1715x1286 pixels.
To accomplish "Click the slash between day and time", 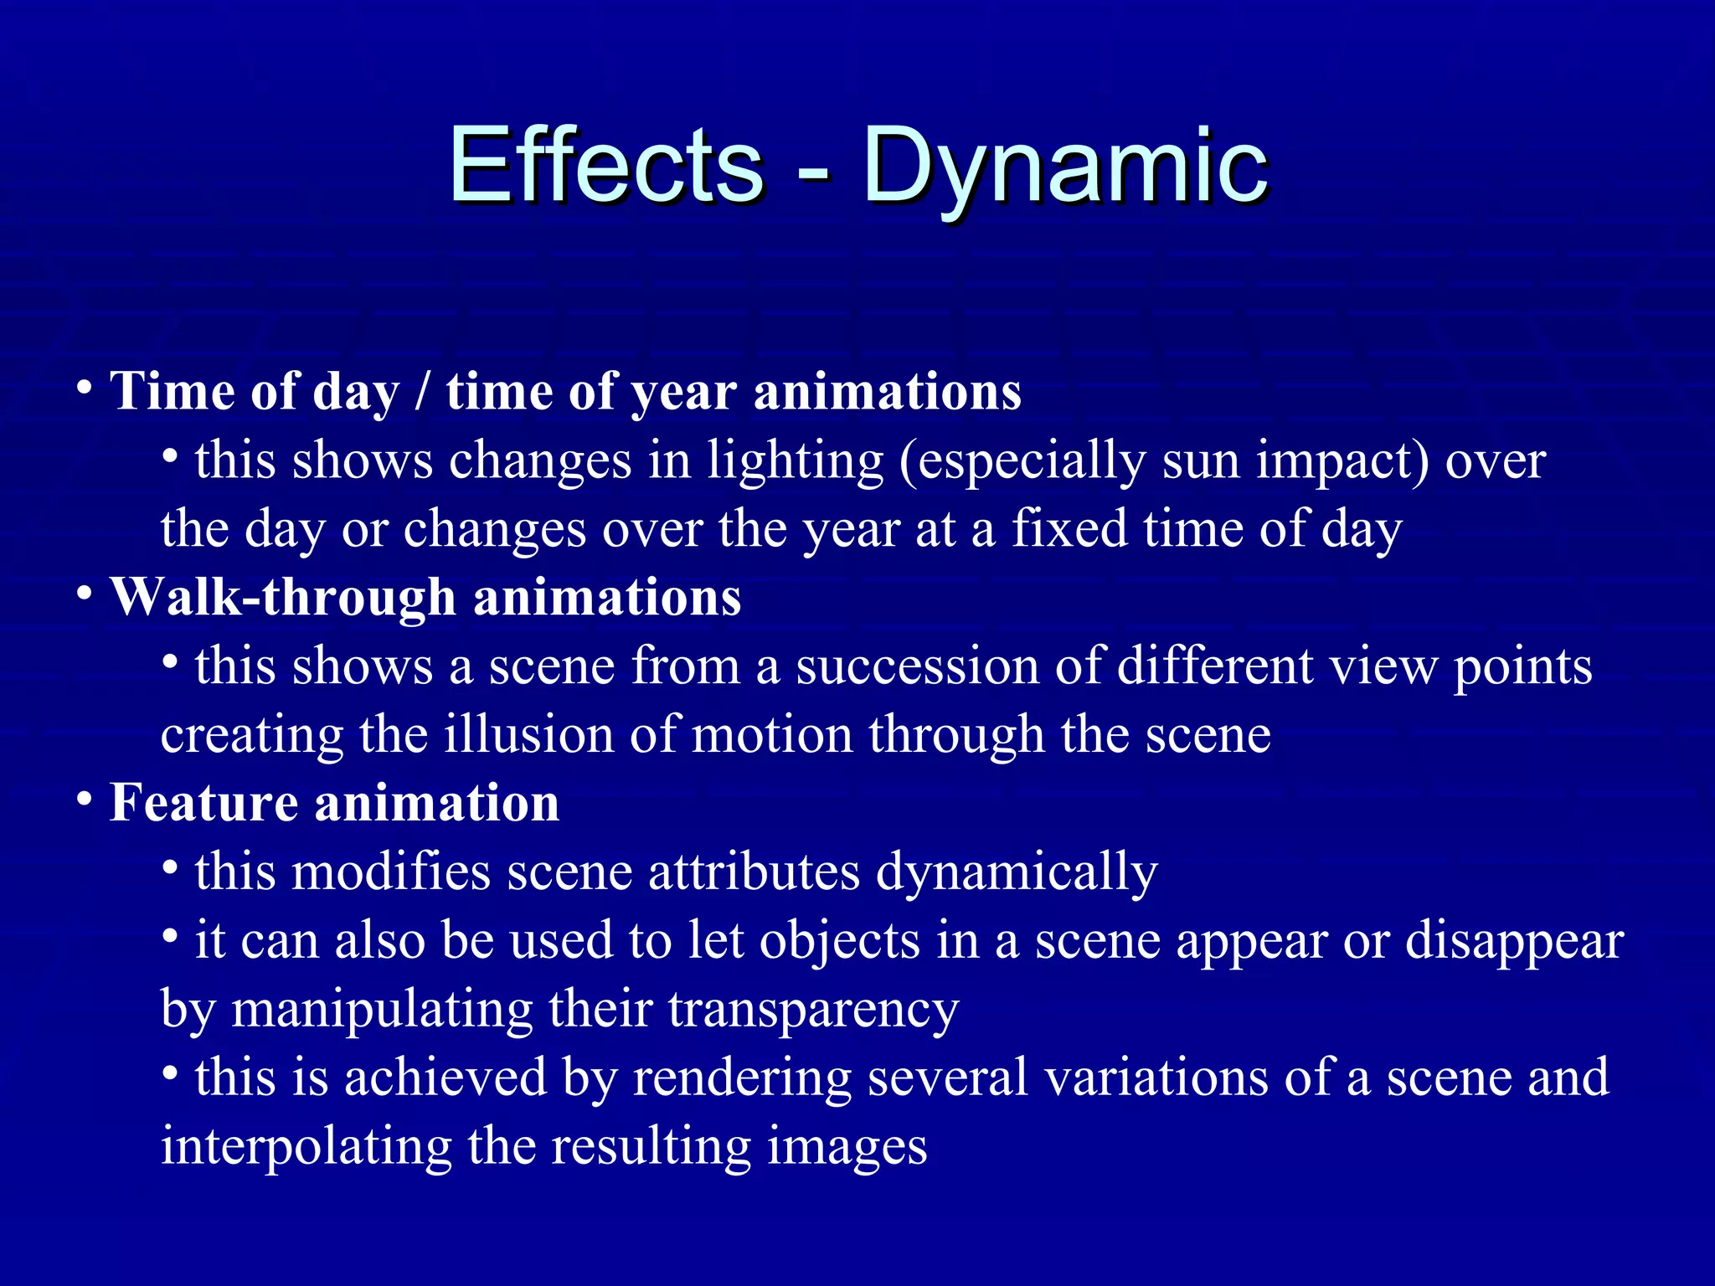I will point(423,392).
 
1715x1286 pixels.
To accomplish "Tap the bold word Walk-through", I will point(284,597).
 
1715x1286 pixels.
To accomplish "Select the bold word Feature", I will point(203,802).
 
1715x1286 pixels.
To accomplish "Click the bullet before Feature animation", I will point(84,800).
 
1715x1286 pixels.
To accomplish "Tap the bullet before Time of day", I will point(84,388).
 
